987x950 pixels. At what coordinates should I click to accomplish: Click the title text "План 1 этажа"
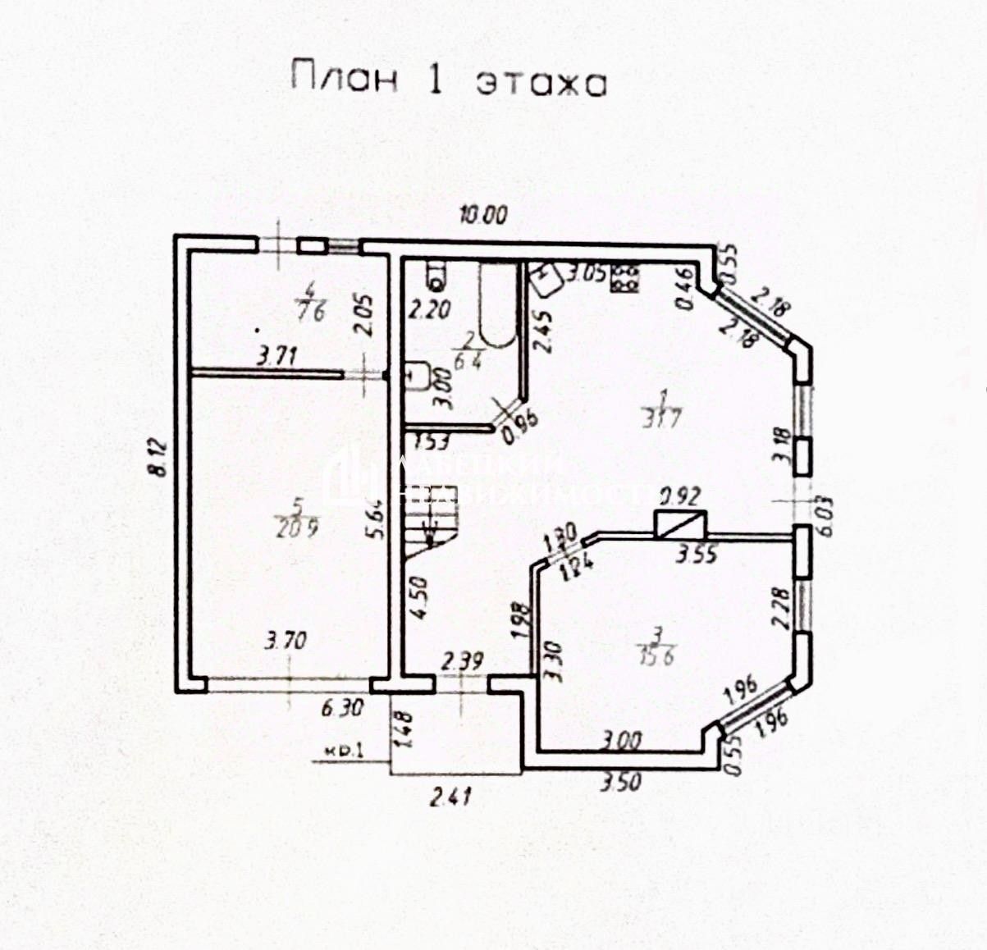click(448, 80)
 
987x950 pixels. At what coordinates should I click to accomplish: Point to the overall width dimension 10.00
click(483, 215)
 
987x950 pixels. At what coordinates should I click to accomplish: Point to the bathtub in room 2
click(497, 305)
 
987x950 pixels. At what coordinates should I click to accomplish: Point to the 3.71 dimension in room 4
click(277, 356)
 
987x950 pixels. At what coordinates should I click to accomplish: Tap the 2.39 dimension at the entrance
click(463, 660)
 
